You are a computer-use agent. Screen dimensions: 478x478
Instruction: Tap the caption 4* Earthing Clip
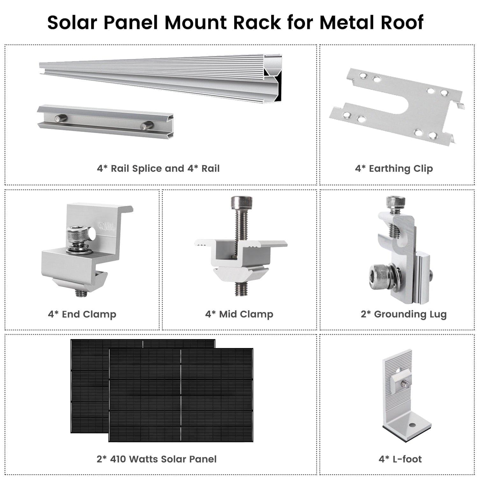click(394, 168)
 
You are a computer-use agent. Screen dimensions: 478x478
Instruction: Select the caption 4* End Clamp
click(82, 314)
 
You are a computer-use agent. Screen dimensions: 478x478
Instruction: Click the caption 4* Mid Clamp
click(239, 314)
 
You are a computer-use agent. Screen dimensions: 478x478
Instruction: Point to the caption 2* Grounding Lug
click(403, 314)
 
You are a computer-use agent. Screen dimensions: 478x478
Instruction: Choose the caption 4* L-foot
click(400, 459)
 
